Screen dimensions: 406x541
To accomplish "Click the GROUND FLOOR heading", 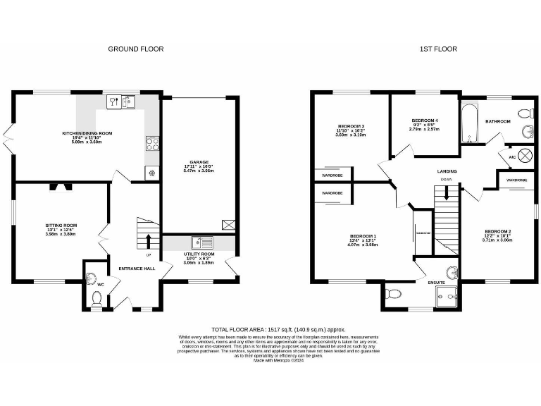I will pyautogui.click(x=135, y=49).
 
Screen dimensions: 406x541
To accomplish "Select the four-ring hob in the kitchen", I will pyautogui.click(x=151, y=144).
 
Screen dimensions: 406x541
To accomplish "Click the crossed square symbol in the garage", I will pyautogui.click(x=228, y=225).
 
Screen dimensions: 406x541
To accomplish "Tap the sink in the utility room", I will pyautogui.click(x=206, y=242).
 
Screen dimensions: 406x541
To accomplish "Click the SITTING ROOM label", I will pyautogui.click(x=61, y=226).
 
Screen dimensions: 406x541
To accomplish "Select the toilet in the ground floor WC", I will pyautogui.click(x=97, y=300).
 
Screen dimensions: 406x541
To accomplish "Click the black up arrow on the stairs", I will pyautogui.click(x=148, y=242).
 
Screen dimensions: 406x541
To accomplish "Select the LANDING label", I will pyautogui.click(x=446, y=171).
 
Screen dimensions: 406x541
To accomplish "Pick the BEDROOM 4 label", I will pyautogui.click(x=424, y=121).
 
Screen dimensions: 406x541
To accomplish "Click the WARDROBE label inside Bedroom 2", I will pyautogui.click(x=516, y=180).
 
